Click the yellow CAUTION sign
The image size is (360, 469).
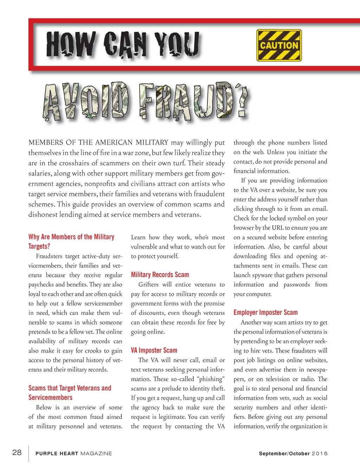click(x=279, y=45)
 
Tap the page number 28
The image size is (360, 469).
click(x=17, y=452)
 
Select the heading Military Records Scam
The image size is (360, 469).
click(x=160, y=275)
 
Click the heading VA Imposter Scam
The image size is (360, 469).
click(x=154, y=350)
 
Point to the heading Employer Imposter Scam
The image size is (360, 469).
click(x=265, y=313)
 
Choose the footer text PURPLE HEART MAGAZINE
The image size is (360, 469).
click(x=74, y=454)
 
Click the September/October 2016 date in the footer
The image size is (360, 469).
click(x=293, y=454)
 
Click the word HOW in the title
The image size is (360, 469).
click(x=70, y=44)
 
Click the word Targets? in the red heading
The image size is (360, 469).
click(x=39, y=246)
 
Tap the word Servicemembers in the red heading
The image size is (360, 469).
click(x=50, y=398)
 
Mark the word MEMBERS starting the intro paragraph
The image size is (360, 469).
click(x=46, y=142)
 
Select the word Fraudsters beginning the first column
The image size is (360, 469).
click(x=50, y=256)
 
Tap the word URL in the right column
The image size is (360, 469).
click(x=278, y=227)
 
